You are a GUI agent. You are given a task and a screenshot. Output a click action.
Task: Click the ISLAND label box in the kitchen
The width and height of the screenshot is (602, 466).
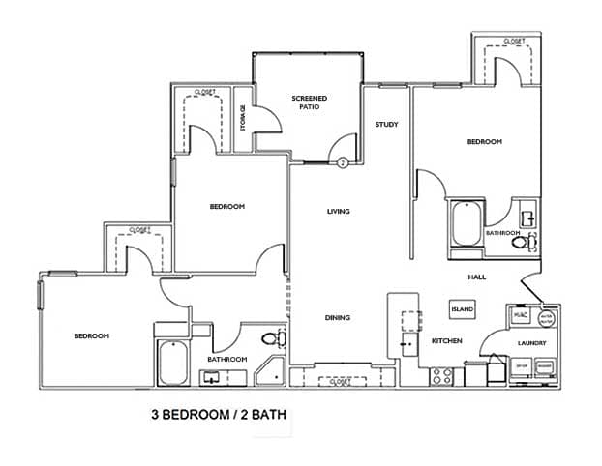pyautogui.click(x=461, y=309)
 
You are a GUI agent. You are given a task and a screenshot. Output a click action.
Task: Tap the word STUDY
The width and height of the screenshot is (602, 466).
pyautogui.click(x=387, y=125)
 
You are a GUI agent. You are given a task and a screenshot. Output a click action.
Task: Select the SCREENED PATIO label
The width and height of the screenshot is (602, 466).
pyautogui.click(x=310, y=102)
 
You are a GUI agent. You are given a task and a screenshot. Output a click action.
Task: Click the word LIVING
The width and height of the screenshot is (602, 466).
pyautogui.click(x=338, y=212)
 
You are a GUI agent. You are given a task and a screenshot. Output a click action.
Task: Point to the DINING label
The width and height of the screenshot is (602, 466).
pyautogui.click(x=337, y=318)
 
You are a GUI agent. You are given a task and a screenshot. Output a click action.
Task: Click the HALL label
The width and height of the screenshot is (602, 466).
pyautogui.click(x=476, y=277)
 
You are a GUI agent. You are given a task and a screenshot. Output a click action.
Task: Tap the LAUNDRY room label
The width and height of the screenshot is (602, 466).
pyautogui.click(x=531, y=343)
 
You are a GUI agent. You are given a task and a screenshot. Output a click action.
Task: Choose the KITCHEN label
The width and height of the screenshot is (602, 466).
pyautogui.click(x=446, y=341)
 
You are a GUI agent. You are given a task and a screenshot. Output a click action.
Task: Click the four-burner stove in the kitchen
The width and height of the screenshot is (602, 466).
pyautogui.click(x=442, y=374)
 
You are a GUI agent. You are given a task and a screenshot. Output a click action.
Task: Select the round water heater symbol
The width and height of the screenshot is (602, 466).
pyautogui.click(x=546, y=317)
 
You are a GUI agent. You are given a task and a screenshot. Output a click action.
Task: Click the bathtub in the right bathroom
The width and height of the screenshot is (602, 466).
pyautogui.click(x=466, y=225)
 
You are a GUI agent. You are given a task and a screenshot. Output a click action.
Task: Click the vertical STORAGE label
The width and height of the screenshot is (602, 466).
pyautogui.click(x=243, y=120)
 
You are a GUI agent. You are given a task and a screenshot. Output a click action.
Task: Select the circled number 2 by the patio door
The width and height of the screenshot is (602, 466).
pyautogui.click(x=343, y=163)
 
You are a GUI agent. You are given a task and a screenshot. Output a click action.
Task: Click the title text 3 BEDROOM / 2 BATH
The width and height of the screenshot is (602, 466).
pyautogui.click(x=218, y=416)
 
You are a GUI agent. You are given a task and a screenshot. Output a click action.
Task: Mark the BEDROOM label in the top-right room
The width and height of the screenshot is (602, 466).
pyautogui.click(x=485, y=142)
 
